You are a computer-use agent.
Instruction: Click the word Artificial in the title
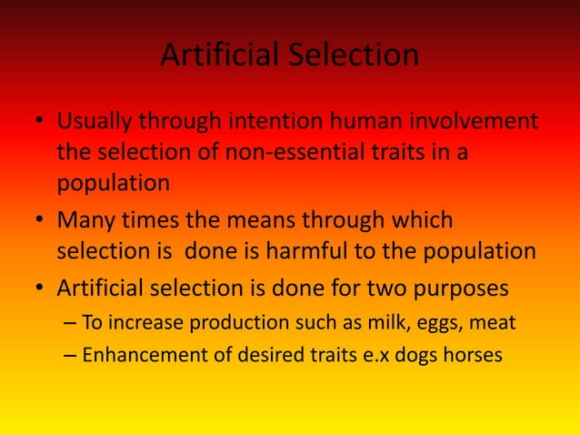click(x=215, y=56)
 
